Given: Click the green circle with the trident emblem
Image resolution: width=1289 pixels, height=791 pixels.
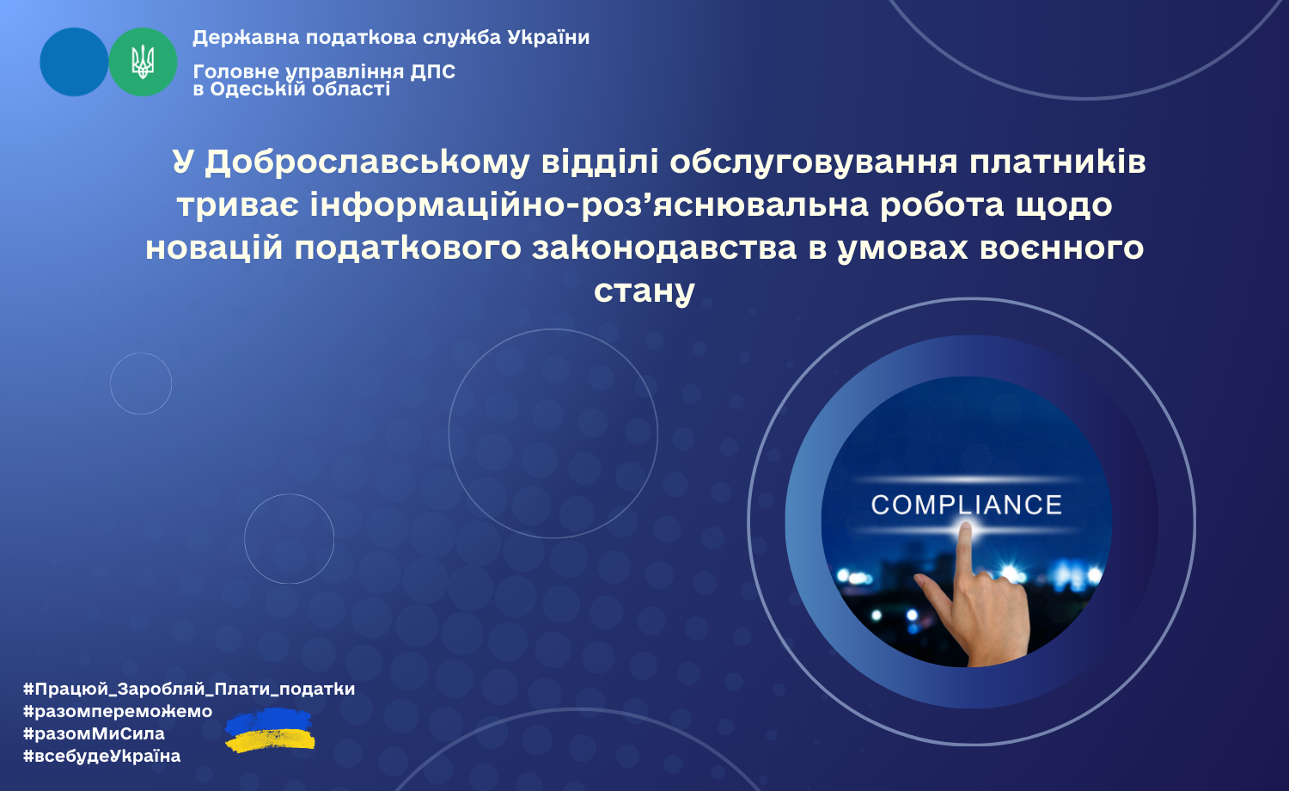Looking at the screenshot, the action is point(143,62).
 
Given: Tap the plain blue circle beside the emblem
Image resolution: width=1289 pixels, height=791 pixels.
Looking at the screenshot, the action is point(74,62).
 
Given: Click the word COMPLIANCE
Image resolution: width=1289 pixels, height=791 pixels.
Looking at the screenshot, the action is point(966,505).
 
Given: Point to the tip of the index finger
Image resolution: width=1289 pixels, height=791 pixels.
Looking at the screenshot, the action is point(966,525).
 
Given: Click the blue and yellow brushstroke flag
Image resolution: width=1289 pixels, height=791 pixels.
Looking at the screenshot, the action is point(270,730).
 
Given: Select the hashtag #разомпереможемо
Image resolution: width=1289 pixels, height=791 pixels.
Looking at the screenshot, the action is point(118,711).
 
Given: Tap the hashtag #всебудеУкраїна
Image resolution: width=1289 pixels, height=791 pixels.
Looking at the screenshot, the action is point(102,755).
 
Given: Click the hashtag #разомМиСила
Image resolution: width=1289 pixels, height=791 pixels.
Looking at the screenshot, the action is point(94,733).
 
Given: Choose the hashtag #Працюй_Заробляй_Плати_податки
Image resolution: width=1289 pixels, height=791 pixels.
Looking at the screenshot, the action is point(189,689).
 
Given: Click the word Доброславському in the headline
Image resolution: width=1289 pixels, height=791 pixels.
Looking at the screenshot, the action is point(367,162).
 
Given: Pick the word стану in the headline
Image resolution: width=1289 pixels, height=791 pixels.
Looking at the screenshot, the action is point(644,291).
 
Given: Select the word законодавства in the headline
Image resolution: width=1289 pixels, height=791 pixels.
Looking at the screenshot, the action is point(664,248).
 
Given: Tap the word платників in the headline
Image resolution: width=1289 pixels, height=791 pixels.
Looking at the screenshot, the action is point(1058,162).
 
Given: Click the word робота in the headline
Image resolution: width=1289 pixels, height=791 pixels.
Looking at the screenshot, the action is point(942,205).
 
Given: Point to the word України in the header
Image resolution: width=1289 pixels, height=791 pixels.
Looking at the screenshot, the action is point(548,38).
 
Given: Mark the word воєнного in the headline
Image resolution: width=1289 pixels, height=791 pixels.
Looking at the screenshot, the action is point(1061,248).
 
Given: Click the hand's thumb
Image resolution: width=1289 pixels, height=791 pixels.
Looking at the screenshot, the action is point(933,593).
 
